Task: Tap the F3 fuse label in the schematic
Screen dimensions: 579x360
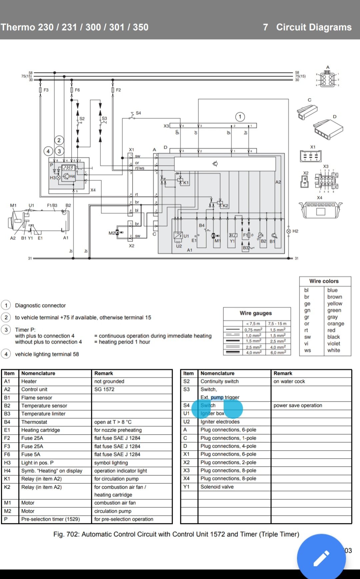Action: [46, 90]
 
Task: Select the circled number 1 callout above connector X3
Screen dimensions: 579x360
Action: [240, 117]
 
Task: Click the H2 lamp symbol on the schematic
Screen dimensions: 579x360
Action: [289, 231]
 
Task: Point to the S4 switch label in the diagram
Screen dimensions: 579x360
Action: [138, 113]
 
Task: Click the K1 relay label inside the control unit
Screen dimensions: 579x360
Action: [186, 183]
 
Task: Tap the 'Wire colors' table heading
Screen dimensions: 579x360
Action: [324, 281]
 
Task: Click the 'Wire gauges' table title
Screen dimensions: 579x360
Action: [256, 313]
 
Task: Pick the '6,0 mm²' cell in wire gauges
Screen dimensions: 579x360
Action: [278, 352]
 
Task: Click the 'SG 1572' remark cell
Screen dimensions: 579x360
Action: [104, 389]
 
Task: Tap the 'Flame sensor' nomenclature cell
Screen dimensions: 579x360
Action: [37, 398]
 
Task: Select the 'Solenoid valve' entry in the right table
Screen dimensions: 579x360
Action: [217, 487]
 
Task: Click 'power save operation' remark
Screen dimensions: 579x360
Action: [298, 405]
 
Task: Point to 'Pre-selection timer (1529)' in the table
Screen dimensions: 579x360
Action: [51, 519]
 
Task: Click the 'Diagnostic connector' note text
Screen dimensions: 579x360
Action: [40, 305]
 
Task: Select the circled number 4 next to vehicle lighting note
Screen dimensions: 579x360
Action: [6, 354]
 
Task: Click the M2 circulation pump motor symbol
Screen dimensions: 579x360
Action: [117, 232]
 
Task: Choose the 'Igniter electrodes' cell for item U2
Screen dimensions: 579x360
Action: [220, 422]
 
